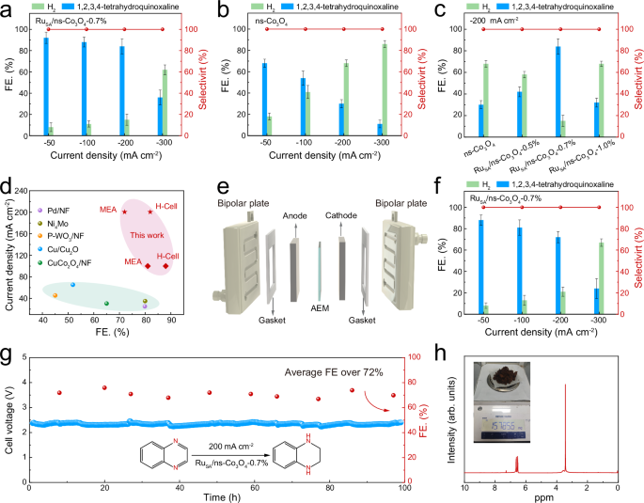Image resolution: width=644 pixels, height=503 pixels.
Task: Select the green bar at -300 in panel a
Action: point(165,102)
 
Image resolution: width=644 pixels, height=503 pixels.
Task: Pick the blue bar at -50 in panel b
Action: point(264,99)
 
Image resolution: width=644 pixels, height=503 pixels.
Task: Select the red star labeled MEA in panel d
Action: point(125,212)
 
